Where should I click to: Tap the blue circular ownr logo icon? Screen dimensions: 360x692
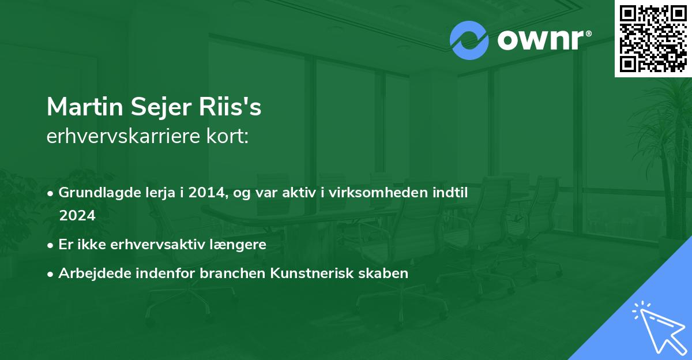click(469, 40)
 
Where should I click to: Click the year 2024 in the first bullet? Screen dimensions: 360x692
click(77, 215)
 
